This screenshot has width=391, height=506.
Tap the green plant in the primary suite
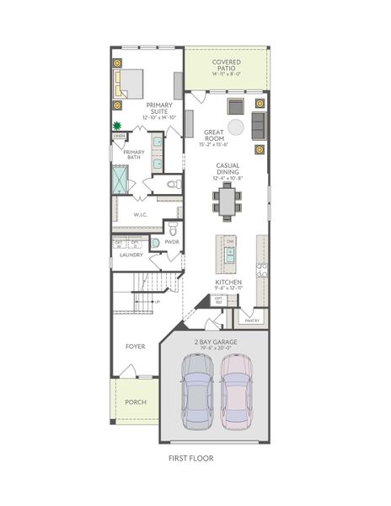117,126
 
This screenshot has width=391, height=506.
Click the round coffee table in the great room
236,126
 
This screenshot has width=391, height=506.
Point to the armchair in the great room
235,105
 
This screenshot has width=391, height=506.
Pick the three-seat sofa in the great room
258,126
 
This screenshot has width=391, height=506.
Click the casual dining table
227,200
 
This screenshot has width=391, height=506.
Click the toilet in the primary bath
174,183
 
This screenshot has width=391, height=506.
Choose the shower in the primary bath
121,179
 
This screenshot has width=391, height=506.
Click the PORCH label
135,402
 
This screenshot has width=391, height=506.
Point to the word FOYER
135,346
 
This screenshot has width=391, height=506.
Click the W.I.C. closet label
141,215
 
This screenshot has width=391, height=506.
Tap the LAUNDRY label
130,254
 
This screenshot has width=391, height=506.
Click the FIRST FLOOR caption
190,459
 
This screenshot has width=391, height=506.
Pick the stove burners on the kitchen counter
262,270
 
